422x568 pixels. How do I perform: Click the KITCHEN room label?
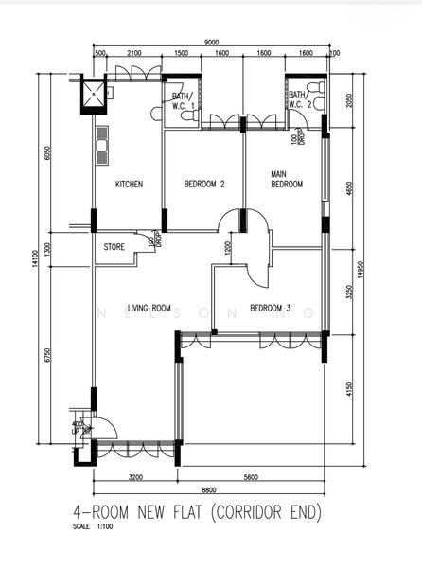(x=129, y=185)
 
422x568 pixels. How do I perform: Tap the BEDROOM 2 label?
(x=203, y=185)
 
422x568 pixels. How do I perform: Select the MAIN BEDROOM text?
(x=286, y=180)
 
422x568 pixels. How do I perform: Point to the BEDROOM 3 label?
(x=271, y=308)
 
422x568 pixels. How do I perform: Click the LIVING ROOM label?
(x=149, y=308)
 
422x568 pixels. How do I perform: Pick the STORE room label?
(x=114, y=248)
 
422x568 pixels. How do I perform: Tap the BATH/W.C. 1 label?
(x=183, y=100)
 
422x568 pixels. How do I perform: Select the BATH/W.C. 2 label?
(x=299, y=99)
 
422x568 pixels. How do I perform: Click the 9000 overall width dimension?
(x=211, y=42)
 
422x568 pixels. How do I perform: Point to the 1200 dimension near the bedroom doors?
(x=227, y=248)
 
